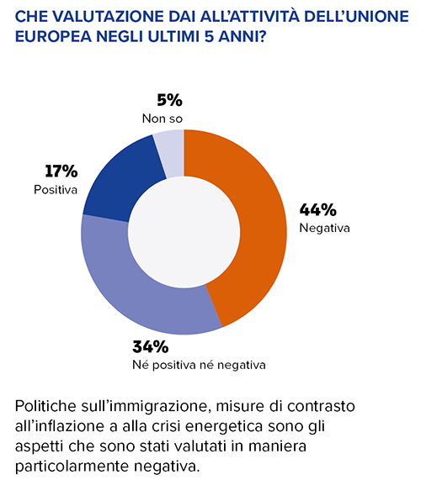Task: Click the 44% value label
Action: point(318,209)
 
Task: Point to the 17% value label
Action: point(61,171)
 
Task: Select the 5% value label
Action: point(169,100)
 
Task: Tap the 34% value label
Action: point(151,346)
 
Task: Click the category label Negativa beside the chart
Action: point(324,228)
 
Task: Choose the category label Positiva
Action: point(56,190)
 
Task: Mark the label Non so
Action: point(163,119)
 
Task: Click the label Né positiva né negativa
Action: point(199,365)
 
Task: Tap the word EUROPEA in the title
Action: point(53,37)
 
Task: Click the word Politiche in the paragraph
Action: point(45,406)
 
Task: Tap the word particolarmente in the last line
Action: point(72,467)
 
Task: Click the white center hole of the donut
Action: point(184,232)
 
